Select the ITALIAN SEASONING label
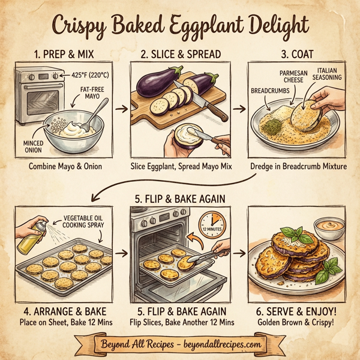click(x=328, y=74)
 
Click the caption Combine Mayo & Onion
click(x=65, y=165)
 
